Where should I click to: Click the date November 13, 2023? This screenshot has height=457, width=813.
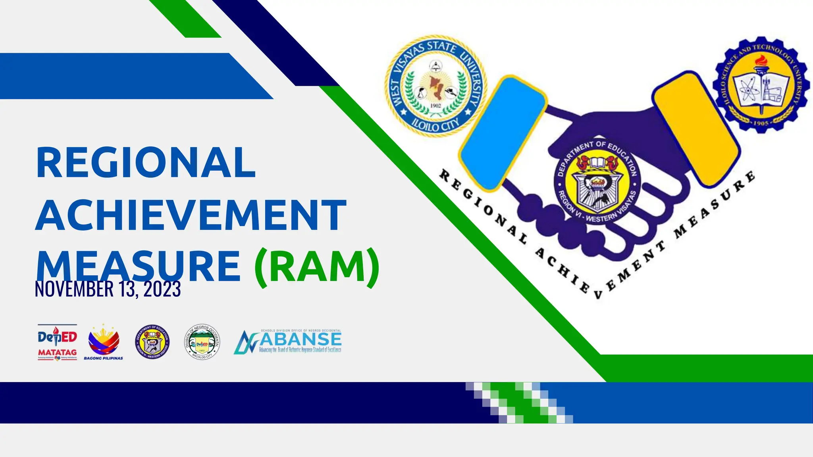pyautogui.click(x=108, y=289)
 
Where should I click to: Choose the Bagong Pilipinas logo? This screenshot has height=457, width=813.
pyautogui.click(x=104, y=342)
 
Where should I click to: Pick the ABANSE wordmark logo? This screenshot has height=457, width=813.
pyautogui.click(x=288, y=342)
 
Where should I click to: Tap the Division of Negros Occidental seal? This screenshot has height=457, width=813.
pyautogui.click(x=202, y=342)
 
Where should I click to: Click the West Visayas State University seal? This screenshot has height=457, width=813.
pyautogui.click(x=435, y=86)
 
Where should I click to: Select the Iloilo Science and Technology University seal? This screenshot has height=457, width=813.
pyautogui.click(x=761, y=84)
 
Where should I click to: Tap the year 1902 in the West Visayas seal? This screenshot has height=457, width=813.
pyautogui.click(x=435, y=106)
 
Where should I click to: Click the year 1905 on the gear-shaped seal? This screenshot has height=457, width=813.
pyautogui.click(x=761, y=123)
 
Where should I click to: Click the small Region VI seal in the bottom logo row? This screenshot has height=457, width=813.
pyautogui.click(x=152, y=342)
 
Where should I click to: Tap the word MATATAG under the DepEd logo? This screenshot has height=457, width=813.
pyautogui.click(x=57, y=352)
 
